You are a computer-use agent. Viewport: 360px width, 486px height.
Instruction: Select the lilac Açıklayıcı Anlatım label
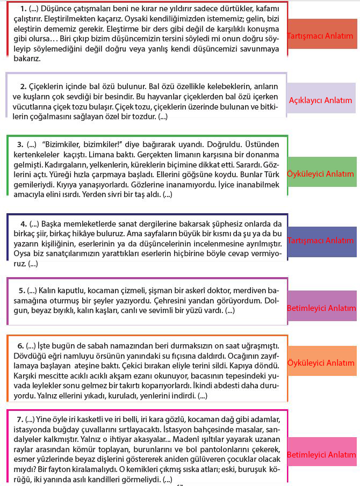[x=321, y=100]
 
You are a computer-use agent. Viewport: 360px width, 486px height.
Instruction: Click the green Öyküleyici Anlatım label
[x=321, y=173]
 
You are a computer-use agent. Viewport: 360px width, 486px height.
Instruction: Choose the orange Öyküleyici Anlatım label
[x=321, y=364]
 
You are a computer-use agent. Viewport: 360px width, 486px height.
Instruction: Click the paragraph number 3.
[x=20, y=144]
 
